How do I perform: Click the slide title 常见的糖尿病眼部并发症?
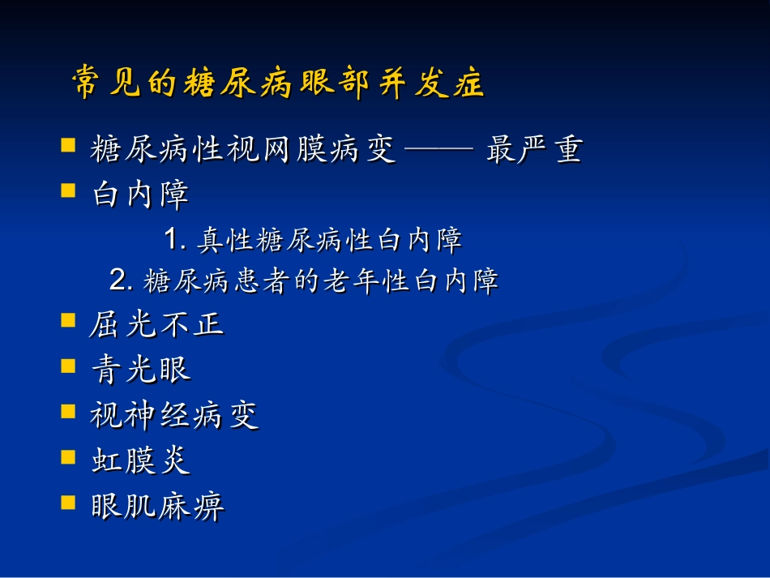click(278, 84)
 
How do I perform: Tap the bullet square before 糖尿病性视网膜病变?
click(69, 146)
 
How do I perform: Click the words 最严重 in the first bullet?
click(534, 150)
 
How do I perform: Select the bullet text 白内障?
click(140, 195)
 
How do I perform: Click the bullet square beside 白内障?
click(69, 191)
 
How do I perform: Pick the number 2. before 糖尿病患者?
click(122, 281)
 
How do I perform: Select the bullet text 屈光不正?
click(156, 325)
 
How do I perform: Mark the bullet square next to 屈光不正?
click(69, 321)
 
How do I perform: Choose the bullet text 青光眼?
click(140, 370)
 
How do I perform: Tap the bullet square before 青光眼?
click(69, 366)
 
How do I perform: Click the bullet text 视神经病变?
click(174, 415)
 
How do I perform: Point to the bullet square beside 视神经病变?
click(69, 411)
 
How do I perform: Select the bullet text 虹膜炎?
click(140, 460)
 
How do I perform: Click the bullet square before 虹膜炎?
click(69, 456)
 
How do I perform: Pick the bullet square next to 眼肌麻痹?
click(69, 502)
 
